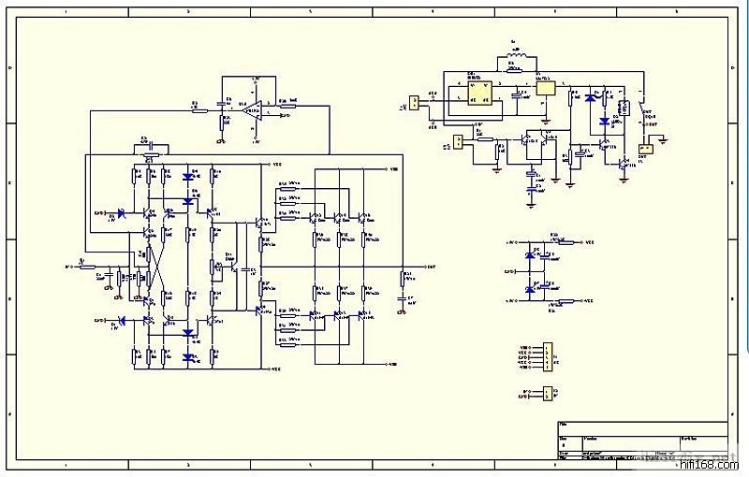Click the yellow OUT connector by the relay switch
pos(644,148)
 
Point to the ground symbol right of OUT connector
pos(663,139)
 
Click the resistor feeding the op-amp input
pos(195,108)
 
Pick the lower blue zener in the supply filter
pos(531,290)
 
